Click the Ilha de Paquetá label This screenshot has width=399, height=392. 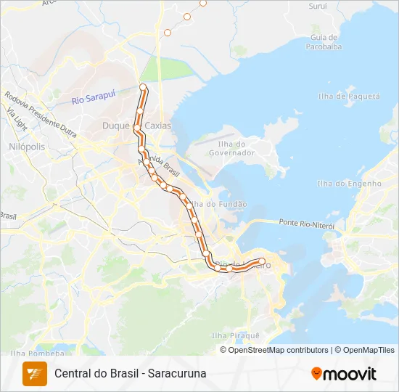point(348,96)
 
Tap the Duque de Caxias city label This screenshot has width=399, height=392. point(136,126)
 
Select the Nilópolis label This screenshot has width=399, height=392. point(27,146)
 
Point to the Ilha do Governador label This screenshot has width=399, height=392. point(231,148)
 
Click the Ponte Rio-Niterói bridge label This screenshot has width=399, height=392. point(306,224)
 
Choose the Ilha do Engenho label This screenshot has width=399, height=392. point(349,184)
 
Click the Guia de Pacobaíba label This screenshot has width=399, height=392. point(324,41)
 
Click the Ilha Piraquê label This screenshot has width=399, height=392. point(234,335)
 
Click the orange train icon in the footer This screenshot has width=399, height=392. point(34,373)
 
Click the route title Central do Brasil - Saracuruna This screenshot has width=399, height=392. point(131,373)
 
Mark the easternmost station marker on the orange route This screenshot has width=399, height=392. point(262,261)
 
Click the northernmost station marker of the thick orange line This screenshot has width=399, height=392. point(143,88)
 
